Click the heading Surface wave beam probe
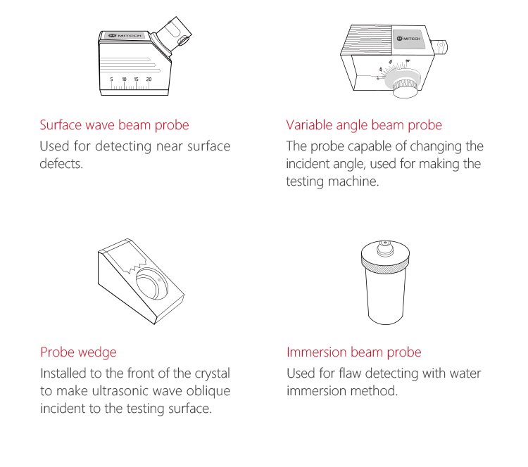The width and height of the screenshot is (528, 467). pyautogui.click(x=114, y=125)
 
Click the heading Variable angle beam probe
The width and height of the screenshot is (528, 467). pyautogui.click(x=364, y=125)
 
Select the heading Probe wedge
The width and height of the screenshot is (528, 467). pyautogui.click(x=78, y=352)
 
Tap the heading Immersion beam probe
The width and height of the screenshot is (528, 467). pyautogui.click(x=354, y=352)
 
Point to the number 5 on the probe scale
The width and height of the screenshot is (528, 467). pyautogui.click(x=111, y=79)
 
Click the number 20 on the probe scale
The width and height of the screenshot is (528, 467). pyautogui.click(x=149, y=79)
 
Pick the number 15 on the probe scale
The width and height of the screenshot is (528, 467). pyautogui.click(x=136, y=79)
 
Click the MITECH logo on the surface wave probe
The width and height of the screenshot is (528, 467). pyautogui.click(x=125, y=35)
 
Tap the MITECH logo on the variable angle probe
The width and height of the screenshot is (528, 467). pyautogui.click(x=408, y=39)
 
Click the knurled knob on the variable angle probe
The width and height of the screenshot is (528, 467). pyautogui.click(x=406, y=87)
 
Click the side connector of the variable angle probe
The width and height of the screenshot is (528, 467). pyautogui.click(x=440, y=46)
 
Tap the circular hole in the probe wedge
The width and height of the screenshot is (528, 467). pyautogui.click(x=151, y=283)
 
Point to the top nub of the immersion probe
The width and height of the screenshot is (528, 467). pyautogui.click(x=385, y=248)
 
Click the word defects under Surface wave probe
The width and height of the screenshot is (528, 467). pyautogui.click(x=61, y=164)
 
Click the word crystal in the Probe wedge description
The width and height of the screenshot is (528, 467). pyautogui.click(x=213, y=373)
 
